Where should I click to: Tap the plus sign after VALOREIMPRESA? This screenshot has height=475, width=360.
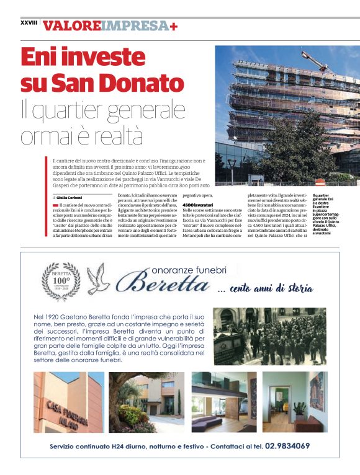[x=173, y=25]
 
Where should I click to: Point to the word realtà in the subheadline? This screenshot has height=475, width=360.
[x=115, y=135]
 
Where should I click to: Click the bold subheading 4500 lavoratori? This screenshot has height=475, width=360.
[x=198, y=205]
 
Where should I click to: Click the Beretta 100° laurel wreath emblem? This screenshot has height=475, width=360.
[x=61, y=281]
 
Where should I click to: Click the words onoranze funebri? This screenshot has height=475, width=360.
[x=189, y=269]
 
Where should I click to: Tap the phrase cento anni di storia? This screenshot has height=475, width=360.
[x=267, y=289]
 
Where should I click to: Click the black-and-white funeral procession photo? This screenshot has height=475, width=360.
[x=269, y=335]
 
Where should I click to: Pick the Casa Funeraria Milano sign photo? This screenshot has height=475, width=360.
[x=69, y=402]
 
